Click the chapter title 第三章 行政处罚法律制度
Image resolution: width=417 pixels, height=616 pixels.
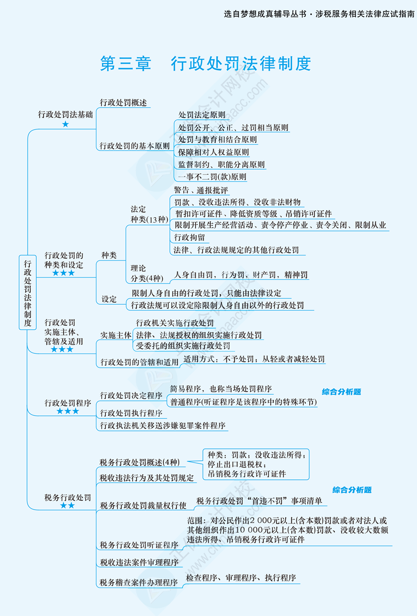[x=206, y=64]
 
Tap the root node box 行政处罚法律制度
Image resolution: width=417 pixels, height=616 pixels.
[x=28, y=292]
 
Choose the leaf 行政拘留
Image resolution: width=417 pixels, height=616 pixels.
[x=189, y=238]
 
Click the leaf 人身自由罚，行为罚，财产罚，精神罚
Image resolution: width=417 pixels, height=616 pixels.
[x=241, y=275]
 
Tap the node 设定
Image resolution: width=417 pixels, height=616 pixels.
[x=109, y=299]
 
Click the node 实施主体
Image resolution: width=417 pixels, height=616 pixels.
[x=116, y=335]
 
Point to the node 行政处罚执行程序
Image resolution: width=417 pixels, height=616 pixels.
[x=131, y=413]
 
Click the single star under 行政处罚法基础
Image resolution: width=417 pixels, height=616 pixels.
[x=66, y=124]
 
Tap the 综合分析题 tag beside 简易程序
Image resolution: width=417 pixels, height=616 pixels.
[x=341, y=392]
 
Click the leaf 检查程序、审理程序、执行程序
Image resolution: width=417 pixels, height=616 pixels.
[x=241, y=578]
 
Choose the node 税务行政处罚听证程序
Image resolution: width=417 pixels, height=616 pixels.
[x=139, y=545]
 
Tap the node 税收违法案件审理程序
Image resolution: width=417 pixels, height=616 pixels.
[x=139, y=562]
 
